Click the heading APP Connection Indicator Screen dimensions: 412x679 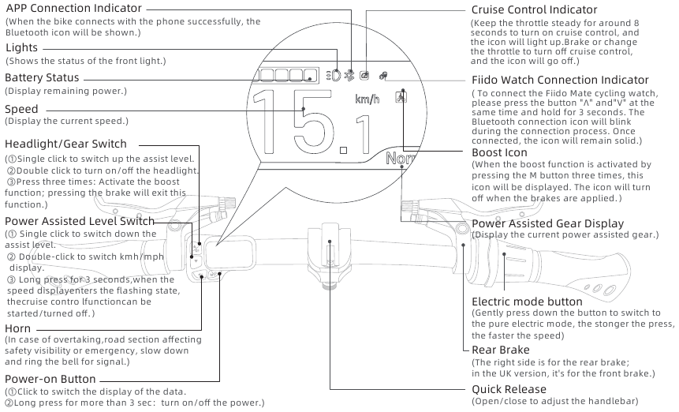click(x=69, y=8)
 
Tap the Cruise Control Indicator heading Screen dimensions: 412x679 click(x=534, y=9)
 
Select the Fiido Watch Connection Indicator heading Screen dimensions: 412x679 click(x=560, y=80)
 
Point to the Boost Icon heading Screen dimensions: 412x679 click(x=499, y=152)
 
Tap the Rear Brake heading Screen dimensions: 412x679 click(x=501, y=350)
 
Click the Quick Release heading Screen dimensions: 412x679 click(x=509, y=389)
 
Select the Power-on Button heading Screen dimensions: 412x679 click(x=50, y=379)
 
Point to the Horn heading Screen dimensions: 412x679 click(x=17, y=328)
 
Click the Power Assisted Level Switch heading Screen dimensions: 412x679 click(x=80, y=221)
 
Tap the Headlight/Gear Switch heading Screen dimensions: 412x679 click(x=65, y=144)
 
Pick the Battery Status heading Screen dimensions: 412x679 click(x=42, y=78)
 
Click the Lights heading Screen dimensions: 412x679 click(x=21, y=48)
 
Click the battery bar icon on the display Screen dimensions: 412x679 click(x=285, y=76)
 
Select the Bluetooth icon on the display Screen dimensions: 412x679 click(x=348, y=76)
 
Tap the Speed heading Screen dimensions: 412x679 click(x=21, y=109)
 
